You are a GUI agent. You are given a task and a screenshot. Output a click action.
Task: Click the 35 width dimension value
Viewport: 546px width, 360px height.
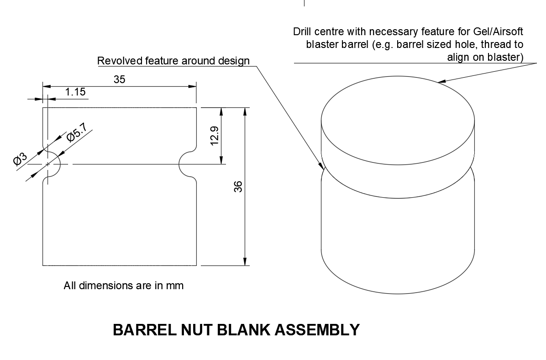coord(119,79)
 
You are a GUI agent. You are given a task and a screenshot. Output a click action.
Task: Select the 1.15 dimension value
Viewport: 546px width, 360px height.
coord(75,92)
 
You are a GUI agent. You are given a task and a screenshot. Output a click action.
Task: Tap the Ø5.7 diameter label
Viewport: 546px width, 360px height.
coord(77,132)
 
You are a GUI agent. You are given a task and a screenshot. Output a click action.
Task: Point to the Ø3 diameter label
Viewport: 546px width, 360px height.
coord(20,159)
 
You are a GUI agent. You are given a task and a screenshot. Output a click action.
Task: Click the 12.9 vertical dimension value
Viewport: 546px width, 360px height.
coord(215,136)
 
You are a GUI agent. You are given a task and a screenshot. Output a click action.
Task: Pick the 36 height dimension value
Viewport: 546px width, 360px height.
coord(238,186)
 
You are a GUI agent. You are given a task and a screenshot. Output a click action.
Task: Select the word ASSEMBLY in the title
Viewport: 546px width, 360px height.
coord(317,330)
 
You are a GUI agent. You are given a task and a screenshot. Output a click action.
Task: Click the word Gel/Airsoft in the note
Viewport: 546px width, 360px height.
coord(498,32)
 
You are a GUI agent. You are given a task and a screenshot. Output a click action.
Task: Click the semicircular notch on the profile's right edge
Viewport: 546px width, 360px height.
coord(188,164)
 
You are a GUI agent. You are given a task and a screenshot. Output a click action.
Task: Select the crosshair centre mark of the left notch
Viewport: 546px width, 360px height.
coord(47,164)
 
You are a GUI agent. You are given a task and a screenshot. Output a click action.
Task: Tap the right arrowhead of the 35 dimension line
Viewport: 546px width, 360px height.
coord(193,86)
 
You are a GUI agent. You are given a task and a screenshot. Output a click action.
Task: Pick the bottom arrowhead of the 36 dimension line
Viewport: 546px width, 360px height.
coord(245,261)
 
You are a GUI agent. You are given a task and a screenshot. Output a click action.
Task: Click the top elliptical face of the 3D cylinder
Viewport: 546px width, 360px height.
coord(398,120)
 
